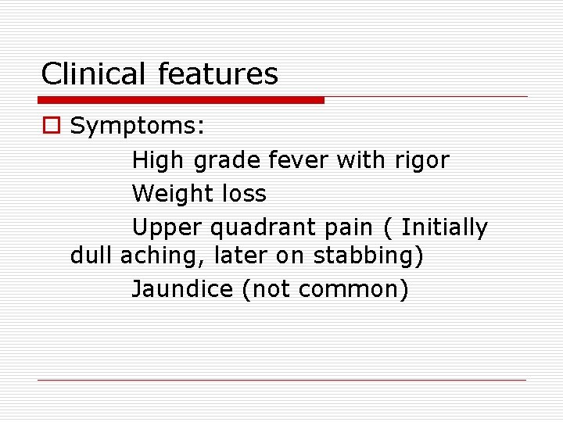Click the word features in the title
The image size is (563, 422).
click(x=218, y=75)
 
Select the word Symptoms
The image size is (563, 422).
click(x=138, y=126)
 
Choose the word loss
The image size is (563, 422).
click(x=244, y=194)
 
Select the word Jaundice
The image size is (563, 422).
click(x=182, y=289)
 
